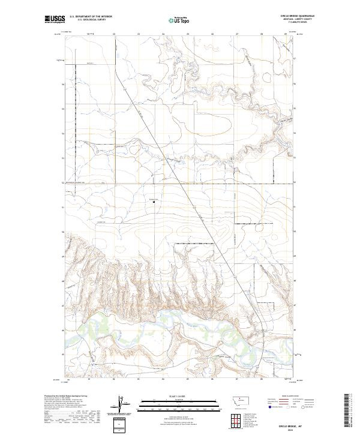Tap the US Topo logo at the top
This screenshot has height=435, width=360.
[x=179, y=19]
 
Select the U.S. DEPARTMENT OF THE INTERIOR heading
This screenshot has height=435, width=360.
[x=91, y=16]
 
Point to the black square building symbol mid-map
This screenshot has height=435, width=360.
[x=154, y=202]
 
